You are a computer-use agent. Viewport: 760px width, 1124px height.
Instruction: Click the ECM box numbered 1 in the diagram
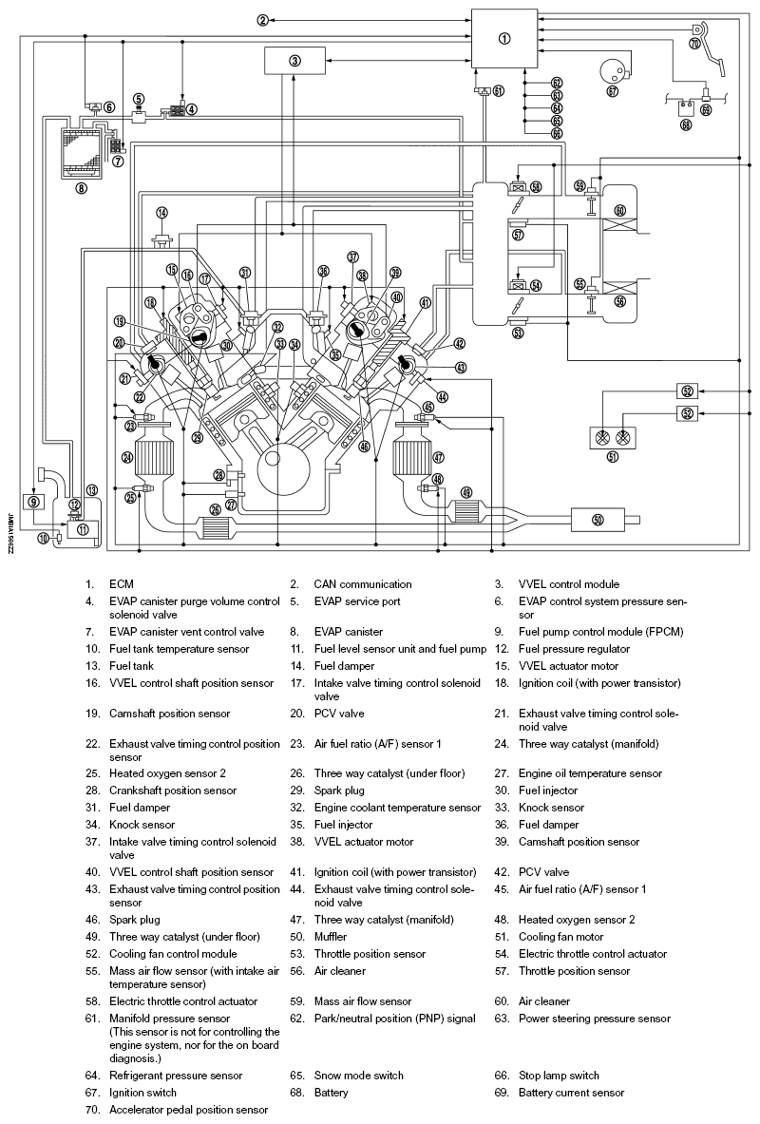pyautogui.click(x=504, y=38)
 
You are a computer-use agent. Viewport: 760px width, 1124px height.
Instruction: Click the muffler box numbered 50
pyautogui.click(x=598, y=519)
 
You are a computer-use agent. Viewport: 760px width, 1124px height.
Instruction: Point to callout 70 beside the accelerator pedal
pyautogui.click(x=695, y=44)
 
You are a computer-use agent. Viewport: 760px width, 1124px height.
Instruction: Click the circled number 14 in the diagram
pyautogui.click(x=162, y=212)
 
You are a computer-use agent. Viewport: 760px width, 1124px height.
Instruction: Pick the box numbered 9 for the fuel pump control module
pyautogui.click(x=34, y=501)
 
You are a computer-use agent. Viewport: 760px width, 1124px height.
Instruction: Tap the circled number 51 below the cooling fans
pyautogui.click(x=612, y=457)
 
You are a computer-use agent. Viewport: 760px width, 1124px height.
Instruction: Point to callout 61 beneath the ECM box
pyautogui.click(x=499, y=91)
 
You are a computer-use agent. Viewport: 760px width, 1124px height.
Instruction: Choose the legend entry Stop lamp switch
pyautogui.click(x=559, y=1075)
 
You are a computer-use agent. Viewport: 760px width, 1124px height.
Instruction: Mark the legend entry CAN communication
pyautogui.click(x=363, y=584)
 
